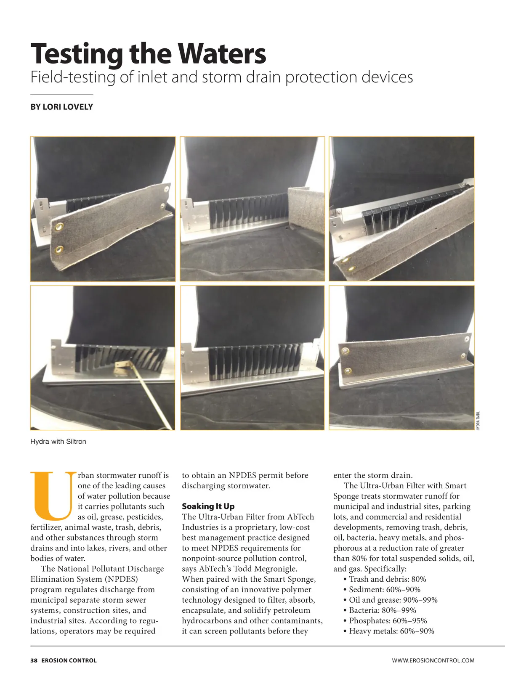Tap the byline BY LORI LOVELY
(61, 107)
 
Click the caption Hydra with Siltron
(58, 442)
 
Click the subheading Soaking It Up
(208, 506)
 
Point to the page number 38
(34, 661)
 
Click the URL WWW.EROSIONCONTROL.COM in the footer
(433, 661)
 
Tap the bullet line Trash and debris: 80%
(387, 579)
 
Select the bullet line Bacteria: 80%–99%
(382, 610)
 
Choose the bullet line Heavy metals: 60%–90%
(391, 631)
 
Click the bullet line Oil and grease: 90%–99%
(393, 600)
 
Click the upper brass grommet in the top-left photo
(58, 227)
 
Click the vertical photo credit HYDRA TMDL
(478, 421)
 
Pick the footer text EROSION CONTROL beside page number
(69, 661)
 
